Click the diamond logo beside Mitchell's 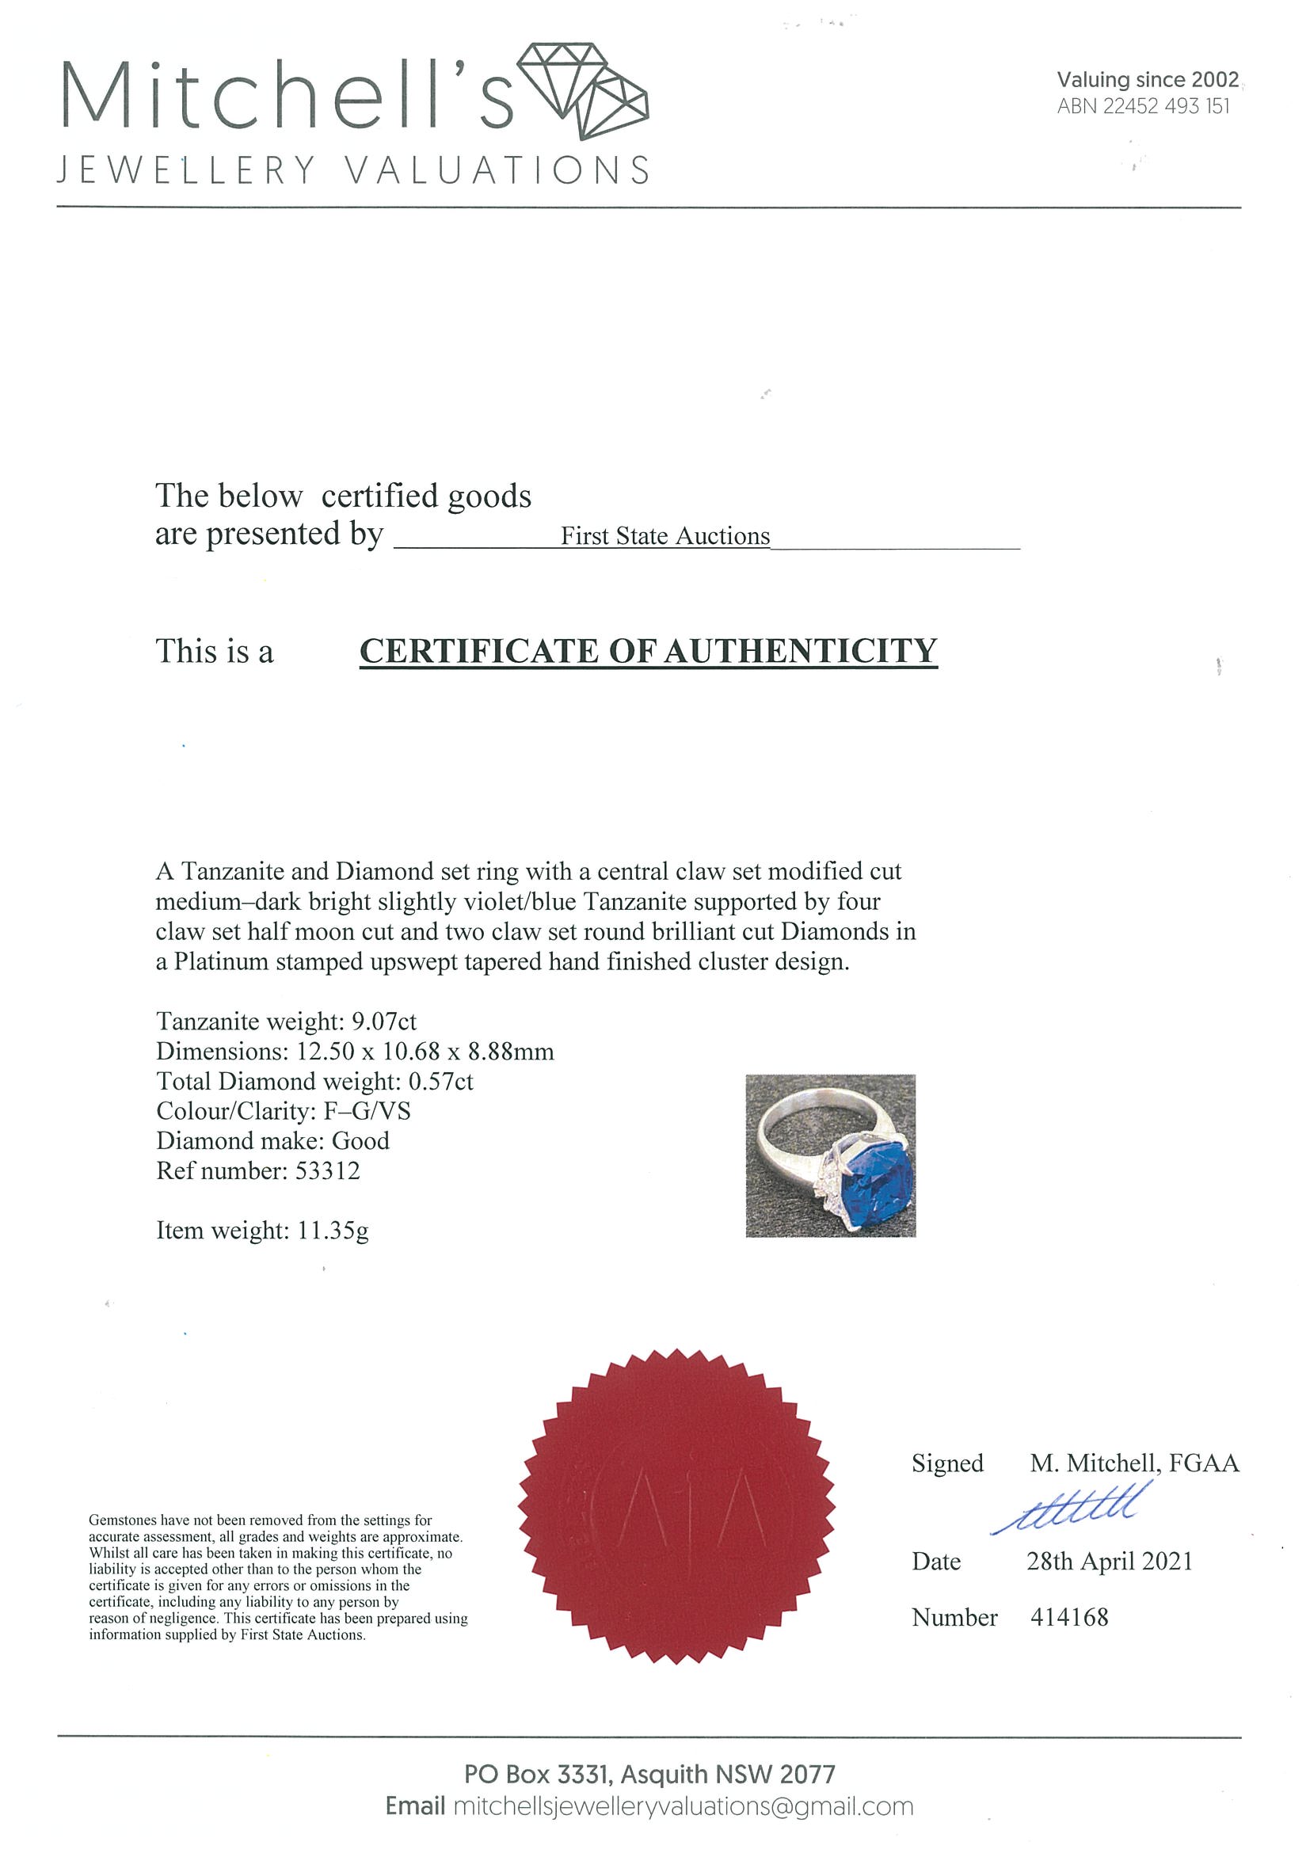click(x=582, y=91)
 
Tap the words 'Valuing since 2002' click(x=1147, y=79)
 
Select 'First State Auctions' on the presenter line click(x=665, y=536)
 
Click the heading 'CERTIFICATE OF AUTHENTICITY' click(x=648, y=650)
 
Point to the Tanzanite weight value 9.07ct click(x=383, y=1021)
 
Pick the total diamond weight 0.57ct click(x=440, y=1081)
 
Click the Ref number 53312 click(x=327, y=1170)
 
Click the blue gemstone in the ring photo click(x=875, y=1185)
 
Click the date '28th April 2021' click(x=1109, y=1561)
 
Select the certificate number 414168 click(x=1068, y=1616)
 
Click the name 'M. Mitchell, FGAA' click(x=1133, y=1463)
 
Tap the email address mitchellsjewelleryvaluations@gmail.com click(x=683, y=1806)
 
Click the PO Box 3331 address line click(x=649, y=1774)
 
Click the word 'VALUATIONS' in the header click(x=497, y=170)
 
